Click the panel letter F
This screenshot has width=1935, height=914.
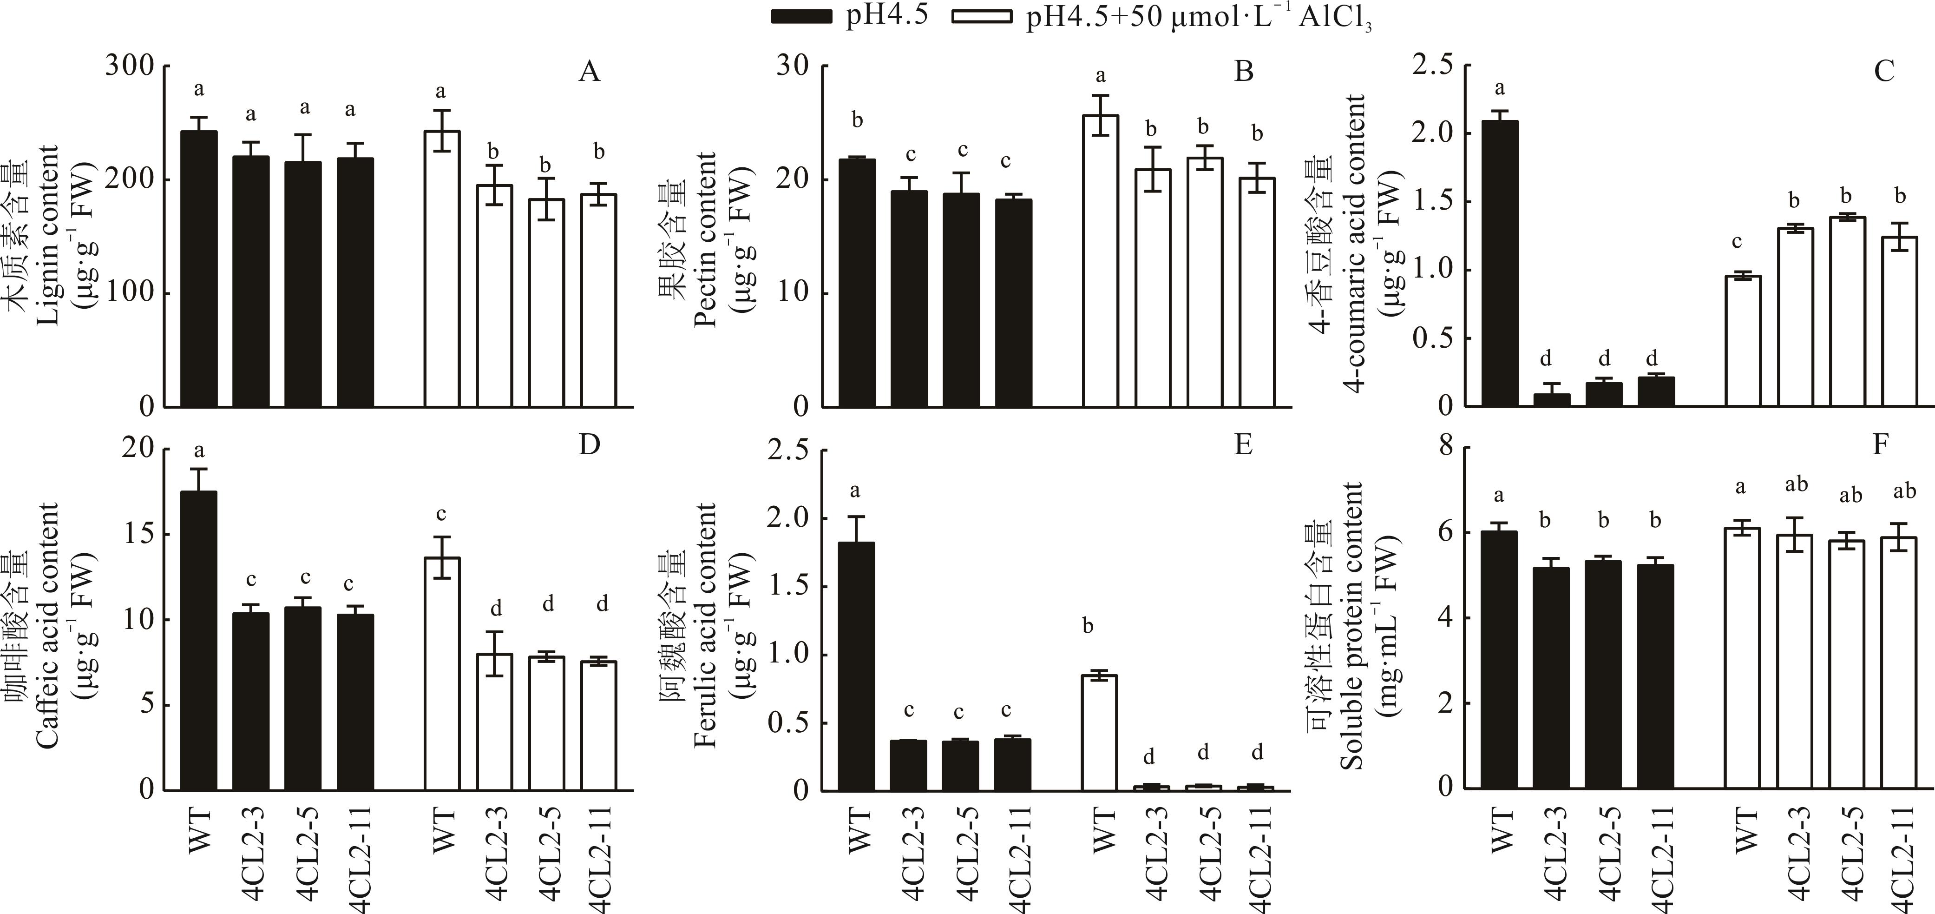tap(1880, 445)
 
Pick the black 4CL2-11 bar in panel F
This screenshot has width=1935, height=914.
tap(1656, 676)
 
